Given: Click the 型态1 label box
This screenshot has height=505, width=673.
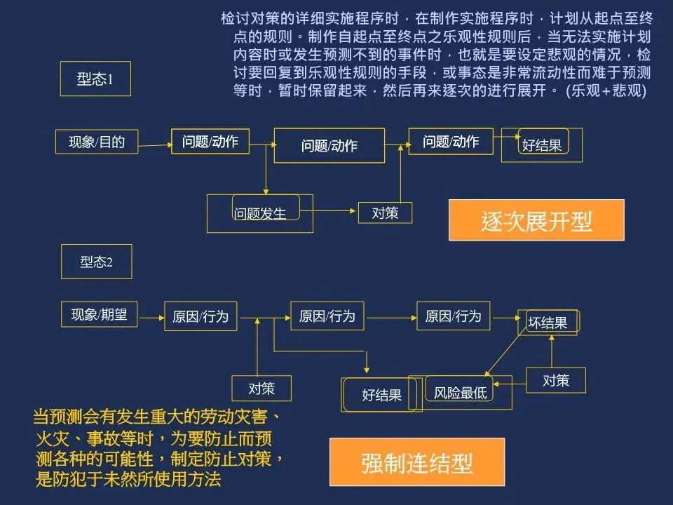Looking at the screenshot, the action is coord(95,79).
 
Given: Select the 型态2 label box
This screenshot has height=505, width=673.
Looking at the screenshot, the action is coord(96,262).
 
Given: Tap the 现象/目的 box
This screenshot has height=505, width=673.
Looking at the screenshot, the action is coord(97,142).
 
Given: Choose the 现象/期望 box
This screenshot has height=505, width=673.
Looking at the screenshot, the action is coord(99,315).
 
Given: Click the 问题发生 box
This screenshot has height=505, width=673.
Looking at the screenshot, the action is coord(260,213).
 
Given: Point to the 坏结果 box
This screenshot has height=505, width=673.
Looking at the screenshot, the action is coord(548,323).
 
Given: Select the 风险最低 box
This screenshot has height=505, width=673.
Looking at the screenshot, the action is coord(461,393).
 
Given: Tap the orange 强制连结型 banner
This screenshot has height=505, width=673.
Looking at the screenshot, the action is coord(417,462).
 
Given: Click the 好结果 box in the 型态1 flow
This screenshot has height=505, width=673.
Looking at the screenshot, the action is coord(542,145).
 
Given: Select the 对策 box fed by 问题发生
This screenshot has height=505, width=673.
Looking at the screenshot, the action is coord(385,213).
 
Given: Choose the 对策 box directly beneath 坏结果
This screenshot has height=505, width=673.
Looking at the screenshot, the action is coord(556,380).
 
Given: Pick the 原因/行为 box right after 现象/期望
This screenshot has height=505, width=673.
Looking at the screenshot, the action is coord(200,316).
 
